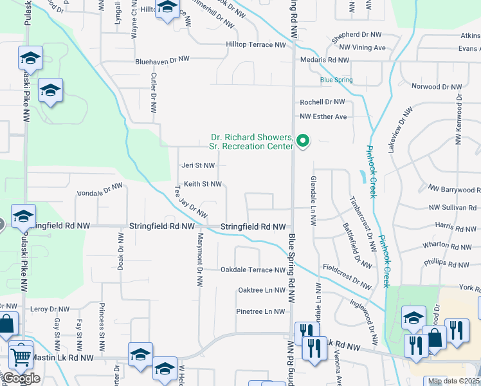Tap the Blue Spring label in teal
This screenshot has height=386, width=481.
tap(336, 80)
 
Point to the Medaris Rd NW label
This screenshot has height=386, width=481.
tap(325, 60)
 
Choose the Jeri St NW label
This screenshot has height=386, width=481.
tap(199, 165)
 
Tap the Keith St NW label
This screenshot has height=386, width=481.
tap(203, 184)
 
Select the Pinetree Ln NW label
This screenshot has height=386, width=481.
tap(260, 311)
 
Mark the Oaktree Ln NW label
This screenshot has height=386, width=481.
tap(261, 291)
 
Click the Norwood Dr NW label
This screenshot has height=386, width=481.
tap(437, 86)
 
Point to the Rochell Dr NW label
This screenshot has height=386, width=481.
tap(323, 102)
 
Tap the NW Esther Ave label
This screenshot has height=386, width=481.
tap(323, 116)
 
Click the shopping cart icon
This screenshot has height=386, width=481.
tap(21, 354)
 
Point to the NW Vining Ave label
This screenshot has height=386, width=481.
tap(362, 48)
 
